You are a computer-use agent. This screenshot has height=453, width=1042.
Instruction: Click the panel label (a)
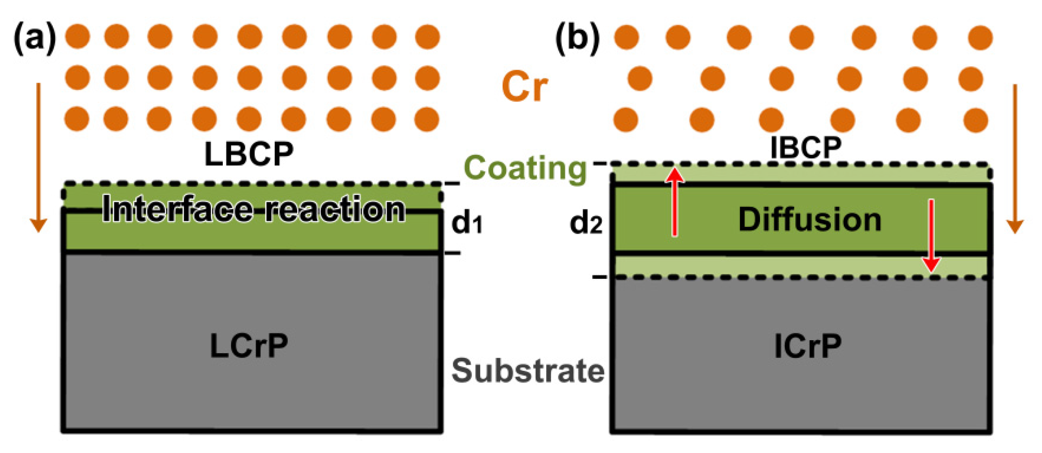35,38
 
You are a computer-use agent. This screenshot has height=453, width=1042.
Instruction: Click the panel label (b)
577,38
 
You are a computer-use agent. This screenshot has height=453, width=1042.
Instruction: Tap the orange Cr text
524,87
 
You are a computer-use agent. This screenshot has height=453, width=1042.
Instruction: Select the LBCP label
249,154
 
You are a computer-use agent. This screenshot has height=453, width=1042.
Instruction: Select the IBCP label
806,148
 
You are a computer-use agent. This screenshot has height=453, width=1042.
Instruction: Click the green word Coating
525,168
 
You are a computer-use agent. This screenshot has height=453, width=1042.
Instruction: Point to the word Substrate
528,371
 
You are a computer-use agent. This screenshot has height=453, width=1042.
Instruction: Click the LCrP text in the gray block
249,346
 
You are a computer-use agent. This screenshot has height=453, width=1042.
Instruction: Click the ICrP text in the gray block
808,346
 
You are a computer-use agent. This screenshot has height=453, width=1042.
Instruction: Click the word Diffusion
809,220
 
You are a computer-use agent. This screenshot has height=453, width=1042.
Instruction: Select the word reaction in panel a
335,209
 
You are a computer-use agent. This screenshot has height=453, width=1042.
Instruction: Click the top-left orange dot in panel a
77,36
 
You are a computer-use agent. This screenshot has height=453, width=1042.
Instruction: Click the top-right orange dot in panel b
980,38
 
